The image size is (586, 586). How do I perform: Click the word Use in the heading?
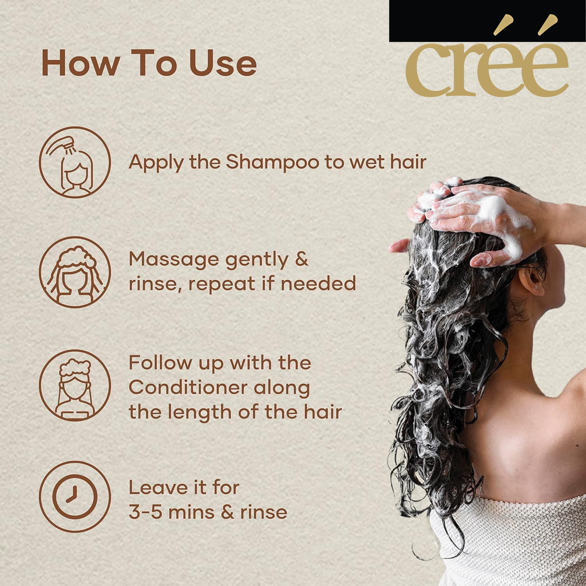click(223, 63)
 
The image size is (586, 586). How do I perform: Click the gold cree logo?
click(487, 56)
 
